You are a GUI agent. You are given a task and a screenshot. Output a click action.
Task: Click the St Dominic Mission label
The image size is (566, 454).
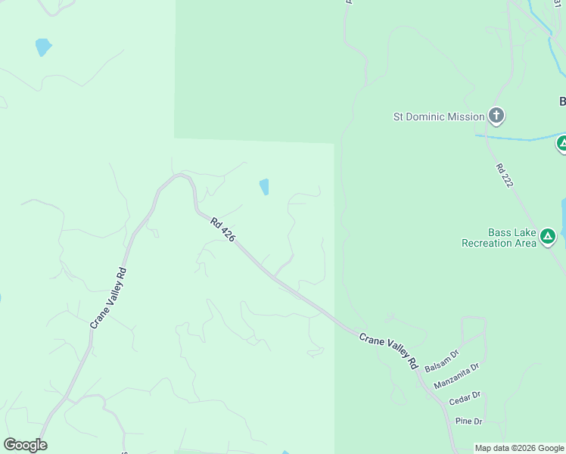tap(438, 117)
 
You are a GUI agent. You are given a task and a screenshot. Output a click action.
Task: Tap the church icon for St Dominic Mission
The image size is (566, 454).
tap(496, 116)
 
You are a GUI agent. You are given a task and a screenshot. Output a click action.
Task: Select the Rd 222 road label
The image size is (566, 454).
tap(505, 176)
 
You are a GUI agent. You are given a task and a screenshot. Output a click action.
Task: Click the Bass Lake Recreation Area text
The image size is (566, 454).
tap(499, 238)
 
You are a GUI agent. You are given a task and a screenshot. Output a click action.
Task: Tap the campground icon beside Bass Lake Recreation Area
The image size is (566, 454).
tap(548, 238)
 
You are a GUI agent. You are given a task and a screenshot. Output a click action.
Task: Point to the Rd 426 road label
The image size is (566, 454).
tap(223, 230)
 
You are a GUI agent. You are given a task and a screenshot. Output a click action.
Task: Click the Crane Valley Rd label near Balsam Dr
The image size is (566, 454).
tap(389, 351)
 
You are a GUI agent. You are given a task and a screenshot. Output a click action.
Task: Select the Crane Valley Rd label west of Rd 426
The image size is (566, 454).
tap(107, 298)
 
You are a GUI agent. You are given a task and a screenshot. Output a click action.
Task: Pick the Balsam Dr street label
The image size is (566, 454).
tap(442, 359)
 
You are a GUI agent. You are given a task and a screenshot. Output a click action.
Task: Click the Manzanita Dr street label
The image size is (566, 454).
tap(456, 376)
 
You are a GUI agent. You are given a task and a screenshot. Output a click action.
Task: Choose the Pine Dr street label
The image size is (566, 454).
tap(468, 421)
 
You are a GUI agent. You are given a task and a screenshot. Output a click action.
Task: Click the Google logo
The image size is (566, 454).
tap(25, 445)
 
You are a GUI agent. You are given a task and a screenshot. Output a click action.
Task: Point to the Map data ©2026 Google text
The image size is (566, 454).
tap(519, 448)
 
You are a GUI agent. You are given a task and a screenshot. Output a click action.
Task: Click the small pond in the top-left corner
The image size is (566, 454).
tap(43, 47)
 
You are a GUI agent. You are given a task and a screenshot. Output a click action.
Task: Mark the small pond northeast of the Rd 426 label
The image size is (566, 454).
tap(264, 186)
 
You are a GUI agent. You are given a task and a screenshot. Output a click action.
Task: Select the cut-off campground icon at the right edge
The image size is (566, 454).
tap(561, 143)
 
